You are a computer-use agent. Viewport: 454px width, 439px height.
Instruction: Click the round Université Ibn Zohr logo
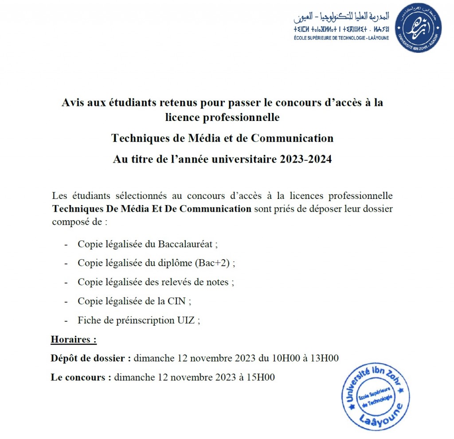click(x=418, y=27)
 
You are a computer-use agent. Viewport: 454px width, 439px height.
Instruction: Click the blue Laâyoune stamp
click(x=375, y=397)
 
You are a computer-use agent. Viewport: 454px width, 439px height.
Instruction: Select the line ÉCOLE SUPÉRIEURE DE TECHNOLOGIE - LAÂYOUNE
click(x=341, y=38)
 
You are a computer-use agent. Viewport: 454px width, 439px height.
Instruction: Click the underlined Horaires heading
click(x=74, y=340)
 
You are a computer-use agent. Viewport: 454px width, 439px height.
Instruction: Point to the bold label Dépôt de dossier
click(x=91, y=358)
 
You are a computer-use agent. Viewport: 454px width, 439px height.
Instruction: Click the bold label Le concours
click(x=81, y=377)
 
